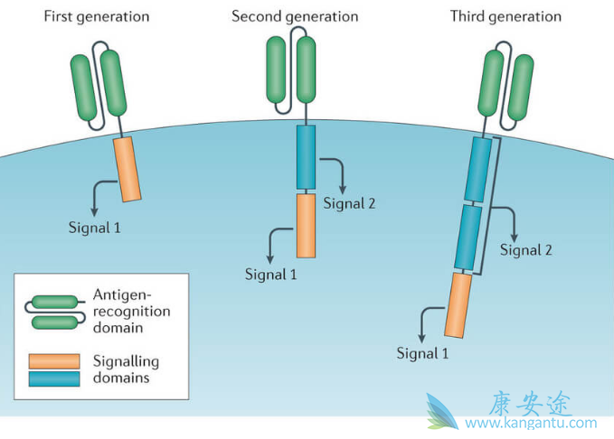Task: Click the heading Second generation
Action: (295, 16)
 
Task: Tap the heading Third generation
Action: (505, 16)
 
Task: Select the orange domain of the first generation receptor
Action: (128, 168)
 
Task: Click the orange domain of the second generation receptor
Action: (306, 226)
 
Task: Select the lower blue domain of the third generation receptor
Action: (469, 238)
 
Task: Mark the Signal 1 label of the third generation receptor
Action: (423, 351)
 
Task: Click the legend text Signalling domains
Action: (126, 369)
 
